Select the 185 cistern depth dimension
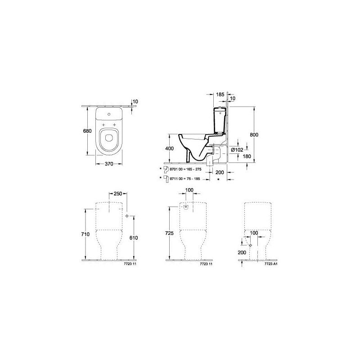220,95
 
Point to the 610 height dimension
133,238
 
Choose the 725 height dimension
169,234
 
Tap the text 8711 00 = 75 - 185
184,179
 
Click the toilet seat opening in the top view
108,139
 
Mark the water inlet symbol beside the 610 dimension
127,216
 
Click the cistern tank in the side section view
219,118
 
